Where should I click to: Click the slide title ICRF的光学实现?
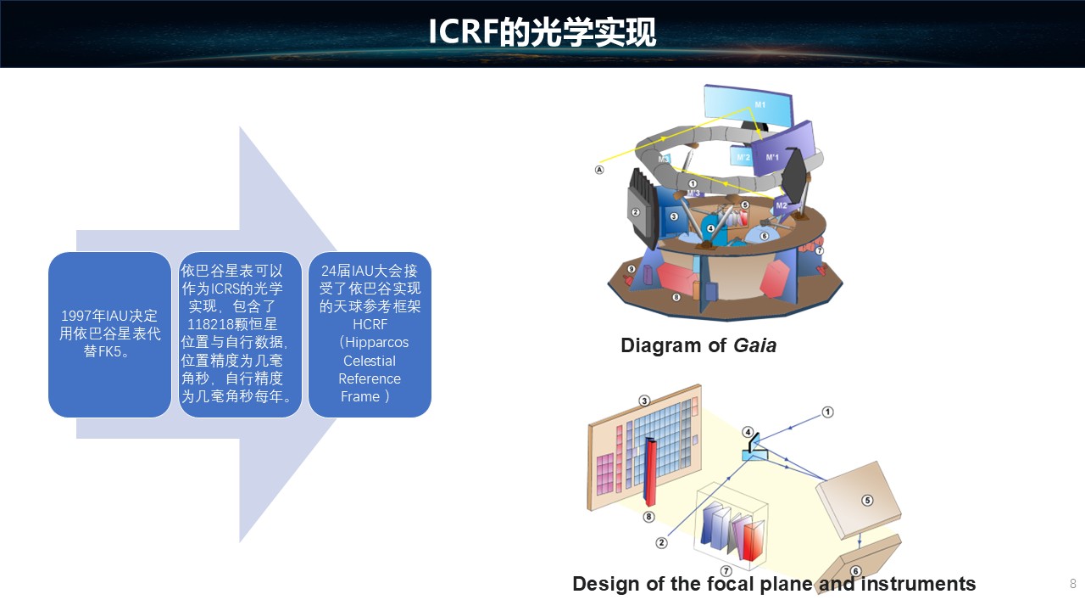click(542, 32)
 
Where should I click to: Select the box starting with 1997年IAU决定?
click(110, 334)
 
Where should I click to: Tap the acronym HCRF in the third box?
click(370, 324)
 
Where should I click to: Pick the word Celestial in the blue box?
click(370, 361)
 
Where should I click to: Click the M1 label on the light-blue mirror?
click(760, 104)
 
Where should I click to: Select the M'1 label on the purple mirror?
click(772, 157)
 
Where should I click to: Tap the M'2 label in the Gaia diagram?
click(743, 157)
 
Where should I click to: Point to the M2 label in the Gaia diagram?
click(782, 205)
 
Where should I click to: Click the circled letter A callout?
click(599, 170)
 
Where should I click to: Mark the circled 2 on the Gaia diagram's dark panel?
click(636, 212)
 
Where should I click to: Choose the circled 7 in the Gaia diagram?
click(819, 250)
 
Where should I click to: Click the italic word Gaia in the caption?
click(754, 345)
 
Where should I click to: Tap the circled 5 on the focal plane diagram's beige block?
click(867, 501)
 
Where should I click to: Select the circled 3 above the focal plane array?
click(644, 401)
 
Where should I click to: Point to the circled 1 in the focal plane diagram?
click(828, 412)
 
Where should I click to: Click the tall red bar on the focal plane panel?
click(650, 471)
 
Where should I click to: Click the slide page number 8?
click(1073, 583)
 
